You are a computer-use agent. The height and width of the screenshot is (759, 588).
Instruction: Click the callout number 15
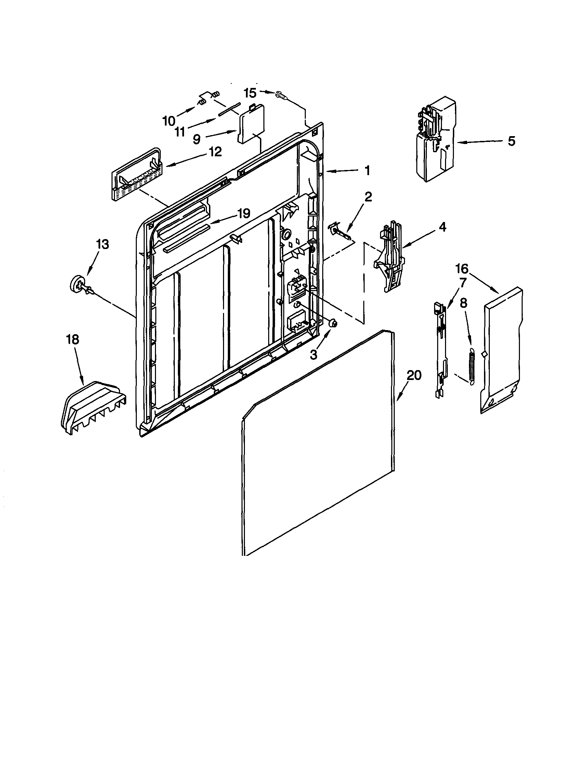(x=250, y=93)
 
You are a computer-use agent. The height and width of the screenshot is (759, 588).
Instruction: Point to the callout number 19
(x=244, y=213)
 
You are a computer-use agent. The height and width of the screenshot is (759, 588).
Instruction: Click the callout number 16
(x=462, y=269)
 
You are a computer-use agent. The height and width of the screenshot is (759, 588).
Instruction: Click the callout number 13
(x=102, y=244)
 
